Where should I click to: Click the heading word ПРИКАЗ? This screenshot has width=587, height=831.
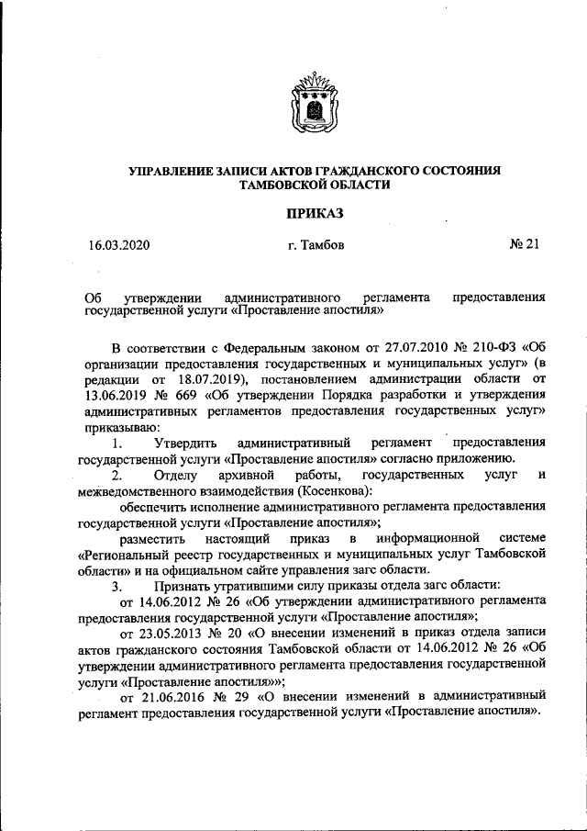tap(315, 213)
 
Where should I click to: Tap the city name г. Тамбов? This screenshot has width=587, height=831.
tap(316, 246)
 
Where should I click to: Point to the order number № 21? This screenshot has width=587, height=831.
tap(526, 245)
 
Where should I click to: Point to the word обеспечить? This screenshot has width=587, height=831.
tap(155, 505)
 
